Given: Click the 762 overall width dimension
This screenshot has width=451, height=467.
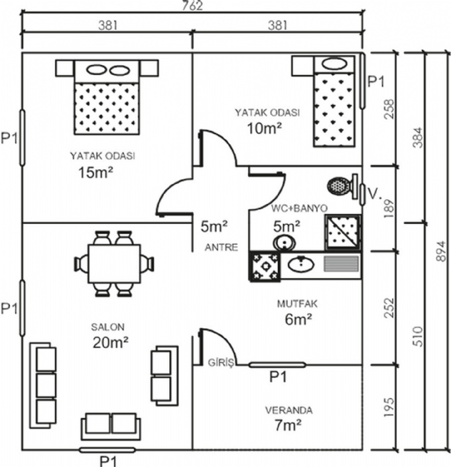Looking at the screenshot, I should tap(192, 6).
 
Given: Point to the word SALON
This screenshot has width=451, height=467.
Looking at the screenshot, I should tap(107, 327).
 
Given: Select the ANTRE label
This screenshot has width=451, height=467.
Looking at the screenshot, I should tap(220, 247).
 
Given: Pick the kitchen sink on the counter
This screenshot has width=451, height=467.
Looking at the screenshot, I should tap(302, 266).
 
